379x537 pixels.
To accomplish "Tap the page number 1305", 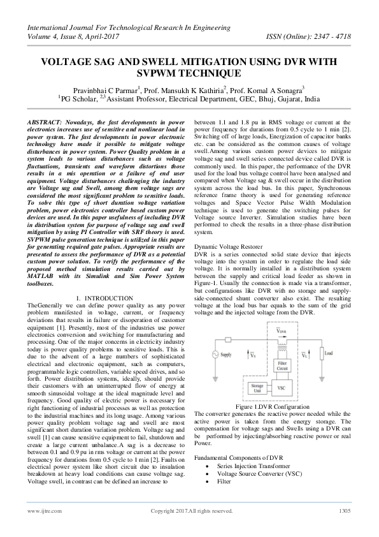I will (x=345, y=511).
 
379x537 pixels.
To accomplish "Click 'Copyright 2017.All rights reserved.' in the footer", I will (x=191, y=511).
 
